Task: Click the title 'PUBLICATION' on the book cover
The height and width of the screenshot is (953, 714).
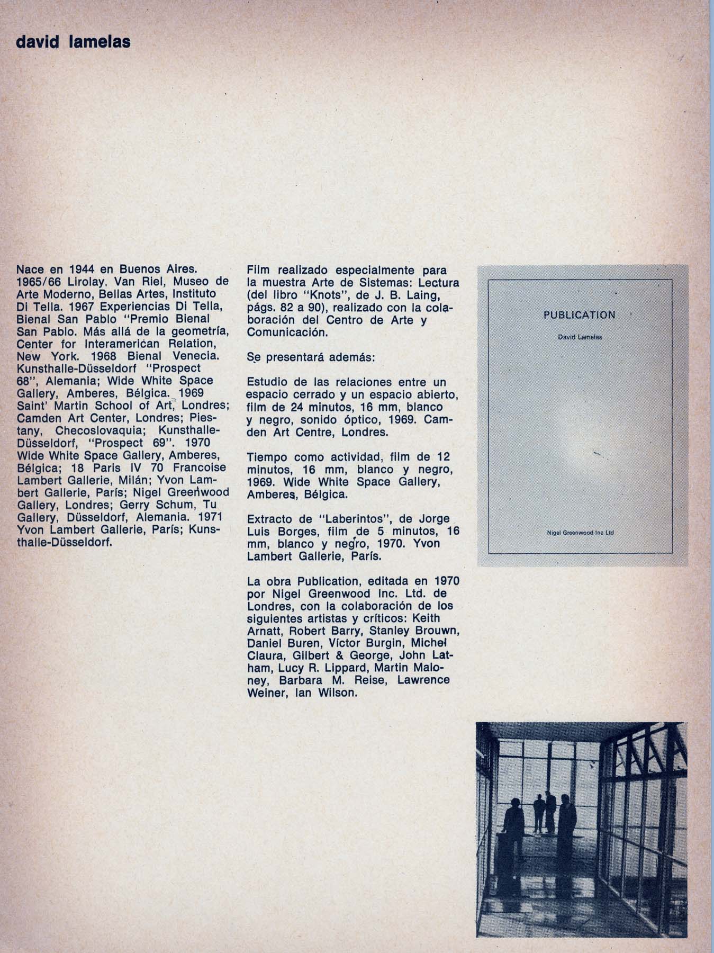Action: pos(580,316)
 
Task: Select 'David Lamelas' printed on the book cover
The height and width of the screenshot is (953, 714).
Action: pos(580,337)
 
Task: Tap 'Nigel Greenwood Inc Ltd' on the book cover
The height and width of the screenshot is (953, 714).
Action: pos(580,534)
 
